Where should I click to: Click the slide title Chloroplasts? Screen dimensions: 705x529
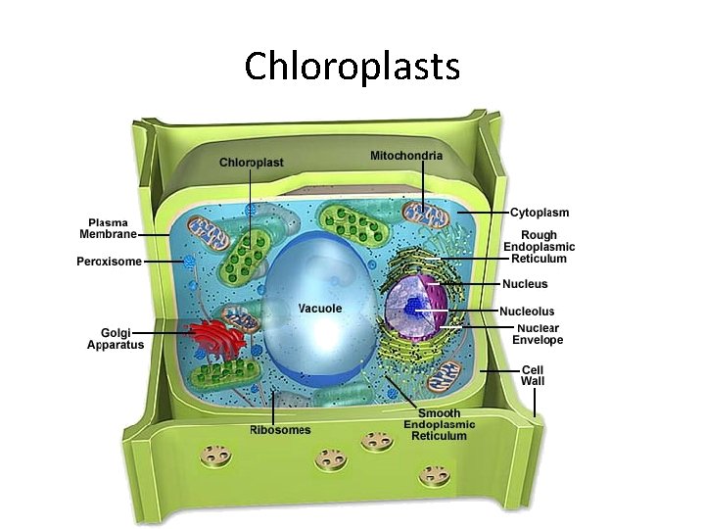click(x=352, y=67)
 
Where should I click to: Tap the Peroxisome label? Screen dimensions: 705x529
click(x=110, y=262)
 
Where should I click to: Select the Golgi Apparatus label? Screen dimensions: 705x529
click(x=116, y=338)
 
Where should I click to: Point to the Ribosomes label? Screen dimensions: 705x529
click(x=280, y=430)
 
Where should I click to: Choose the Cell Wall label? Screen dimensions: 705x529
click(x=533, y=375)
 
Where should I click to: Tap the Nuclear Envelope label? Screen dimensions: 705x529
click(x=539, y=334)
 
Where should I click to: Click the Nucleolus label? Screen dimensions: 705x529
click(x=527, y=312)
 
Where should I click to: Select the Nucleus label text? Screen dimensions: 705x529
click(x=525, y=284)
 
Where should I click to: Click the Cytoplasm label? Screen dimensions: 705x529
click(x=540, y=213)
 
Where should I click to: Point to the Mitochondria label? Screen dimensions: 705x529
click(x=406, y=156)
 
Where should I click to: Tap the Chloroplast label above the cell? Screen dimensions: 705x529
click(x=252, y=162)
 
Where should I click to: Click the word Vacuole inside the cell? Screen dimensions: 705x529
click(x=320, y=309)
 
